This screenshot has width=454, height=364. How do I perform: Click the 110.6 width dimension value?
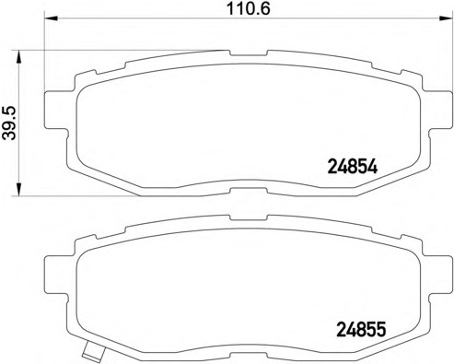tap(249, 9)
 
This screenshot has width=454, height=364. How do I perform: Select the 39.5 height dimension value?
tap(9, 123)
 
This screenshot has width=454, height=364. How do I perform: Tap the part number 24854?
tap(353, 168)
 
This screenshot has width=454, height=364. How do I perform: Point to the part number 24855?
tap(361, 330)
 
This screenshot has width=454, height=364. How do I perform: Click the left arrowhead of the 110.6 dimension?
tap(52, 18)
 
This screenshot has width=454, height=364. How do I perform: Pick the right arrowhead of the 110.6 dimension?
tap(447, 18)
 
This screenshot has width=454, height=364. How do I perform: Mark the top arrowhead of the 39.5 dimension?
tap(18, 57)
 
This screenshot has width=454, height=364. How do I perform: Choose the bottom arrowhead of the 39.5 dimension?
tap(18, 189)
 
